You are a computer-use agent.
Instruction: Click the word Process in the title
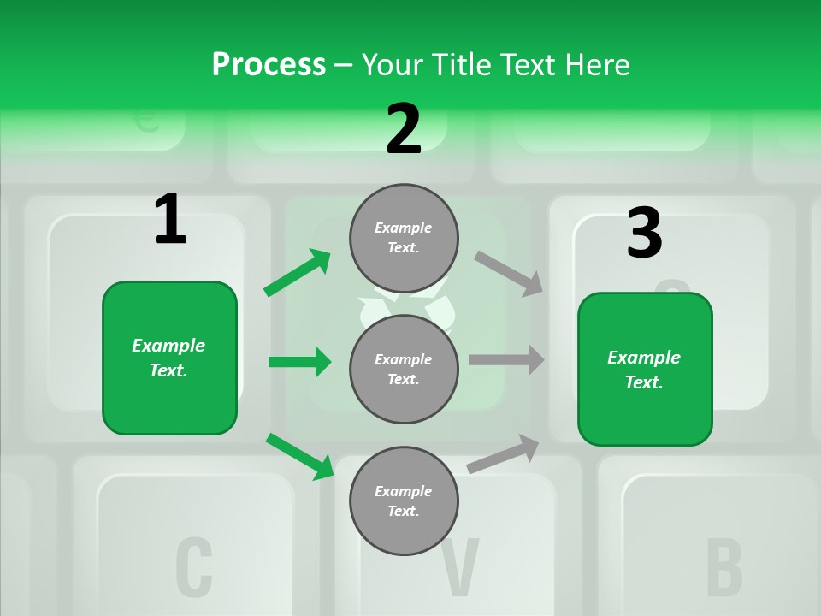pos(269,64)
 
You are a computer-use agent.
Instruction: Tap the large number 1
pos(170,220)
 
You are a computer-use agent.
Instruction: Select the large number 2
pos(404,129)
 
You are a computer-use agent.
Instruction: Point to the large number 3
pos(644,234)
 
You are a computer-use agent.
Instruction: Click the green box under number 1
pos(169,358)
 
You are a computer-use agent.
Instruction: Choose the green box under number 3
pos(645,369)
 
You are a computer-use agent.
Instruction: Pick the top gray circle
pos(404,238)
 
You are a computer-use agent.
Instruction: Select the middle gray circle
pos(404,369)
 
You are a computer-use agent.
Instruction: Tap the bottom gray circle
pos(404,500)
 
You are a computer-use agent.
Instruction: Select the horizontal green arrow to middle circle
pos(299,362)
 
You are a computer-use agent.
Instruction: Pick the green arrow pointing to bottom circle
pos(299,456)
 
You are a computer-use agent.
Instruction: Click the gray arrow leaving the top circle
pos(509,273)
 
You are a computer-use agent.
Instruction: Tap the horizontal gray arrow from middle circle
pos(506,359)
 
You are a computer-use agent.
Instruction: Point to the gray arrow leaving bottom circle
pos(503,453)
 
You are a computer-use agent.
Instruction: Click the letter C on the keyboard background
pos(194,567)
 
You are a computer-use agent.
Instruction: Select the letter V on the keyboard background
pos(459,567)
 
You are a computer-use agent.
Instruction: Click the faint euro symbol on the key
pos(147,121)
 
